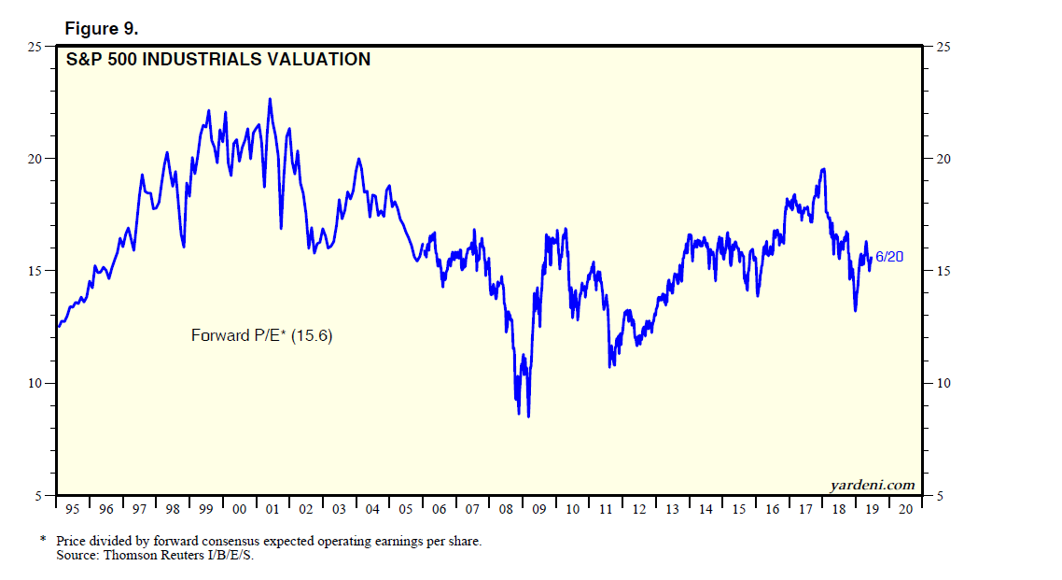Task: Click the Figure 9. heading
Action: tap(101, 29)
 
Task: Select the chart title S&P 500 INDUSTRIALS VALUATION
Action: tap(218, 60)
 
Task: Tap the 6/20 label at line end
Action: tap(889, 256)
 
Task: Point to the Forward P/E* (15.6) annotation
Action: tap(261, 335)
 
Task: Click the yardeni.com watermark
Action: tap(873, 484)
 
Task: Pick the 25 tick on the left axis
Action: tap(37, 47)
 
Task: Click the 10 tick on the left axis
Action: tap(37, 384)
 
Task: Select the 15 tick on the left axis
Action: tap(37, 271)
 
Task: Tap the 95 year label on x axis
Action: tap(73, 510)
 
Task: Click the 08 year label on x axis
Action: tap(506, 510)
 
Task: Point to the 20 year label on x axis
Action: tap(905, 510)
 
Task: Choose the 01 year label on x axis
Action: tap(272, 510)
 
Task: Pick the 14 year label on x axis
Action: tap(706, 510)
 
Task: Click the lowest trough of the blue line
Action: tap(528, 417)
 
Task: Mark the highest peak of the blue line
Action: tap(270, 98)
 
